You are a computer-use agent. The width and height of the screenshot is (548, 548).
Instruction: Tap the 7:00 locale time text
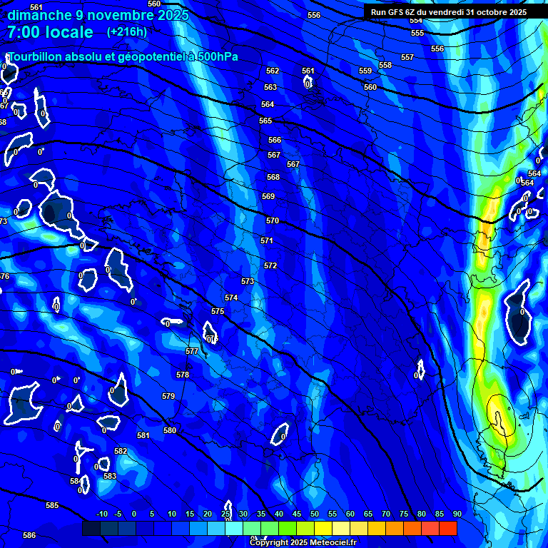tap(50, 32)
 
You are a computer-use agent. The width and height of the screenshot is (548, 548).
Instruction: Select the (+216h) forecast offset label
tap(127, 31)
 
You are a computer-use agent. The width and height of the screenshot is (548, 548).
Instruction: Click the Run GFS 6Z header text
tap(400, 12)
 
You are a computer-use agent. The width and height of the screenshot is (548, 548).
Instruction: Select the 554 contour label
tap(416, 20)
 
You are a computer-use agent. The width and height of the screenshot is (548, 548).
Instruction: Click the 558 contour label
tap(385, 65)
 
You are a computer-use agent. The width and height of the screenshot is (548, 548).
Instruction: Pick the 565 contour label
tap(265, 121)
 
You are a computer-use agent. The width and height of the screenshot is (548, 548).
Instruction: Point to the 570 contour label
tap(272, 221)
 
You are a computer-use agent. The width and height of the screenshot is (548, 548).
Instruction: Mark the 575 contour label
tap(218, 311)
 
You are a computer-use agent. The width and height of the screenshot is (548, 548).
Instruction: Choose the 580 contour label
tap(170, 430)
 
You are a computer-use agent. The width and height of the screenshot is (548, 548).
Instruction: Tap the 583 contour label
tap(110, 476)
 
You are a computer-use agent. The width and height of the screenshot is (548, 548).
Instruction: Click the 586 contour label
tap(29, 535)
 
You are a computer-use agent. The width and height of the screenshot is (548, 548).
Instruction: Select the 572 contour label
tap(270, 265)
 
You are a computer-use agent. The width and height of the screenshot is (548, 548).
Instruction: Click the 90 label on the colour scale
tap(457, 514)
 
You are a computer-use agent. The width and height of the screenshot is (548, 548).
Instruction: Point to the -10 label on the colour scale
tap(101, 514)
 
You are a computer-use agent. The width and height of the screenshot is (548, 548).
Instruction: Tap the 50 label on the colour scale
tap(314, 514)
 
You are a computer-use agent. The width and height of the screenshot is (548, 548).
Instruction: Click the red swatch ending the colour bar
tap(447, 529)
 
